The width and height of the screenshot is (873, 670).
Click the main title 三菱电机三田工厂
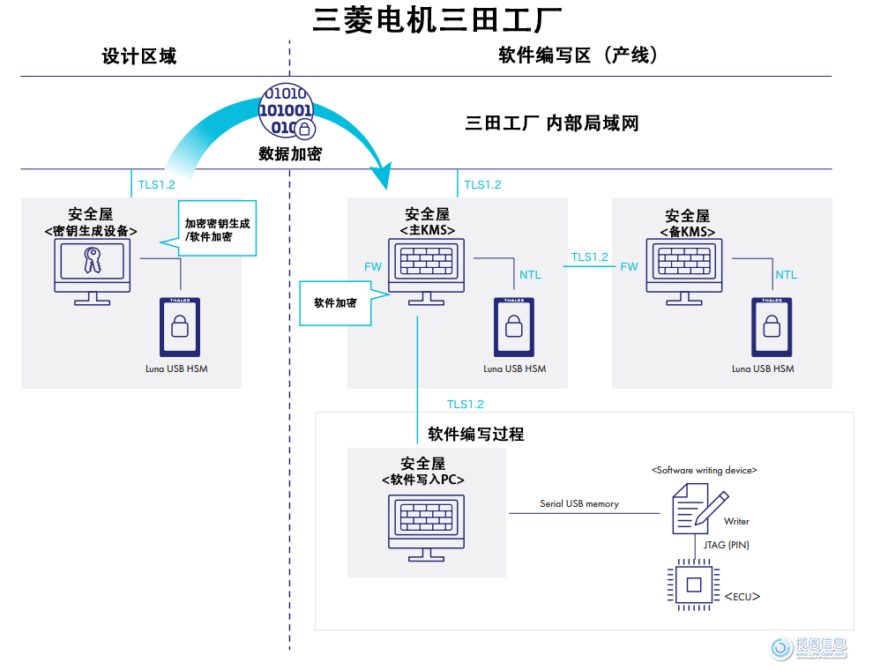(x=436, y=19)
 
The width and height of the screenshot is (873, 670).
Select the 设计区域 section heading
(x=139, y=56)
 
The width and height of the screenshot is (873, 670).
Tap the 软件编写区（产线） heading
(x=578, y=56)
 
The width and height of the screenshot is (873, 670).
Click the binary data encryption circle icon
(x=285, y=112)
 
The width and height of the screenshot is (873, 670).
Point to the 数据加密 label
(x=290, y=153)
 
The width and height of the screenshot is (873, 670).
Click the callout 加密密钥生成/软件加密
(x=217, y=230)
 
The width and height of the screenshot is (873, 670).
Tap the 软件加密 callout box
(x=336, y=302)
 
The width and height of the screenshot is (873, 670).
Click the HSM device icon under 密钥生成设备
(x=180, y=327)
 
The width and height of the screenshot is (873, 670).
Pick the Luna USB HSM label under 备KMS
(x=763, y=368)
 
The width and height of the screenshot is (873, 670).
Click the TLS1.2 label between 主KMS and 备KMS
(x=589, y=257)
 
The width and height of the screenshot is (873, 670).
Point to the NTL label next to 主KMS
(x=530, y=275)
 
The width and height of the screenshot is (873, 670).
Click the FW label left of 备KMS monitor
(x=629, y=266)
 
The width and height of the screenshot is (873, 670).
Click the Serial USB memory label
(x=579, y=504)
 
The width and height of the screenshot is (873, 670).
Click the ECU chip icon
(x=693, y=584)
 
